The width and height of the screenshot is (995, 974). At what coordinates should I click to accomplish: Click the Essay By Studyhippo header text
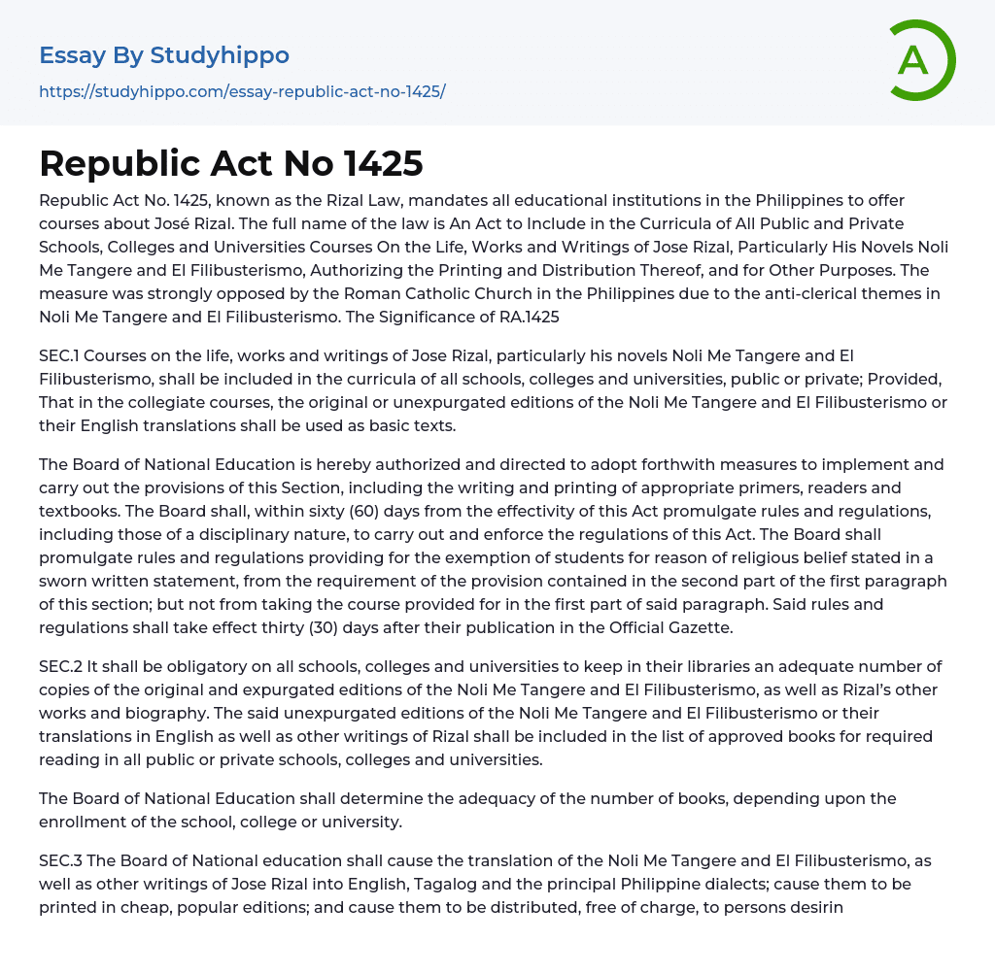point(164,55)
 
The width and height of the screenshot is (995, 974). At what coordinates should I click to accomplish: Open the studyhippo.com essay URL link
point(242,91)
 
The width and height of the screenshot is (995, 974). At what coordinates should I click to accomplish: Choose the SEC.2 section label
point(64,666)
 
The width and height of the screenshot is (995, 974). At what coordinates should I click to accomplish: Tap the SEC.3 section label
point(64,860)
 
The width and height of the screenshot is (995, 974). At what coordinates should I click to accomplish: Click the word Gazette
point(697,627)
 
